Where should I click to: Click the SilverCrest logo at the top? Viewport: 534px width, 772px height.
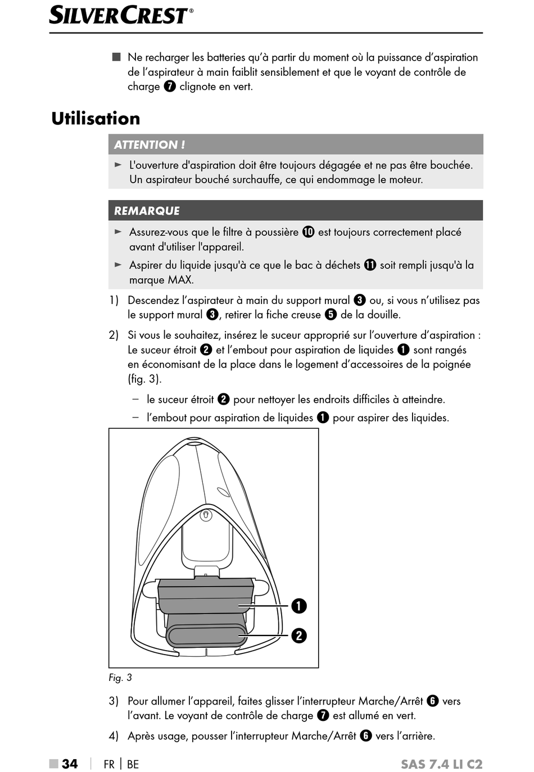121,15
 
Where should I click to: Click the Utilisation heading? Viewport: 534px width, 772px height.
96,119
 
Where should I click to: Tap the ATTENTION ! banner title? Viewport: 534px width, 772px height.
150,145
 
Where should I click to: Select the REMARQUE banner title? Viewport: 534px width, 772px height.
147,211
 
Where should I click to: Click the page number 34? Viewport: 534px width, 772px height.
70,764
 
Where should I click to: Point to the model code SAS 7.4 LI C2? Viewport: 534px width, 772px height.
441,764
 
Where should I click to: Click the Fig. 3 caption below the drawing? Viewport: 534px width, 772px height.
120,678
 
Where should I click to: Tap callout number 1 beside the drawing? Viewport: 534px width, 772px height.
299,606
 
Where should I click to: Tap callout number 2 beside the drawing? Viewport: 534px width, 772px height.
299,635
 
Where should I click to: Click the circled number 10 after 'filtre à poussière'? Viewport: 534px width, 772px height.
308,232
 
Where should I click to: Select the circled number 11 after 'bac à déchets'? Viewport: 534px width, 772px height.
370,265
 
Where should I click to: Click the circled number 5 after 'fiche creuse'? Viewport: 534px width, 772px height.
331,315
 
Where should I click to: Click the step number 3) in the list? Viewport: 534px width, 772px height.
114,701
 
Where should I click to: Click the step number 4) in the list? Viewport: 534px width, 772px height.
114,736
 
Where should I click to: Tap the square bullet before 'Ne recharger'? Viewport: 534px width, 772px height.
116,57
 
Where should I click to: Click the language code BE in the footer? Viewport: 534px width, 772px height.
133,764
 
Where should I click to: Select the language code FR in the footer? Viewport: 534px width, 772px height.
109,764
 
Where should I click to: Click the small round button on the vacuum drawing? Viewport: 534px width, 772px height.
206,514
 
